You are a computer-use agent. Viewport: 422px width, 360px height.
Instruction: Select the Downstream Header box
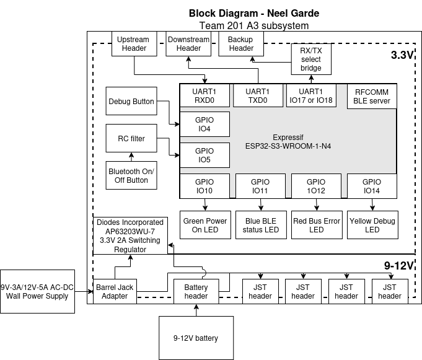[x=188, y=44]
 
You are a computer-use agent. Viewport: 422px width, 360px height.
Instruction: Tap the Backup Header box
[x=240, y=44]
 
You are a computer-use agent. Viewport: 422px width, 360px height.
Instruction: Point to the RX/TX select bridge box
[x=311, y=59]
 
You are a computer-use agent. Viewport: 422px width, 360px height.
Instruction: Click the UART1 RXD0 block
[x=204, y=95]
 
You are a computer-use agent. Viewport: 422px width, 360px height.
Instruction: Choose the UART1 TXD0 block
[x=257, y=95]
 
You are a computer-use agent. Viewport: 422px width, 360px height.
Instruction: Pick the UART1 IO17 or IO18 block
[x=311, y=95]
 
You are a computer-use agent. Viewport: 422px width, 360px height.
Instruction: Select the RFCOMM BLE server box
[x=372, y=95]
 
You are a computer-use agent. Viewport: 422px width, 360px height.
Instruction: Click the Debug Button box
[x=131, y=102]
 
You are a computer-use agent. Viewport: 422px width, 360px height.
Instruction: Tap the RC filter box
[x=131, y=139]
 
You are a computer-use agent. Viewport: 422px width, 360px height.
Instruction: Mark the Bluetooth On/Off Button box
[x=131, y=176]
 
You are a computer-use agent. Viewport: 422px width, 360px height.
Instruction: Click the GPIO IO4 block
[x=204, y=125]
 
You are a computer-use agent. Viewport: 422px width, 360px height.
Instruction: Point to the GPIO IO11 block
[x=260, y=187]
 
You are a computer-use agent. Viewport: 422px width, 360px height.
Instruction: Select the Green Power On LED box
[x=205, y=226]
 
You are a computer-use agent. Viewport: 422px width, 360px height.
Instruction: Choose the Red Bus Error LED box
[x=317, y=226]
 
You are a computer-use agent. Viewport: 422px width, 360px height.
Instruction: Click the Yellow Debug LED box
[x=372, y=226]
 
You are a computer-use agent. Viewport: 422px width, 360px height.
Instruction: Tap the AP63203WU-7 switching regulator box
[x=130, y=235]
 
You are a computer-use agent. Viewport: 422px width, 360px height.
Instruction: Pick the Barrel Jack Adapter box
[x=115, y=292]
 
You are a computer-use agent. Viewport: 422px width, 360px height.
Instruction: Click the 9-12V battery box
[x=196, y=338]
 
